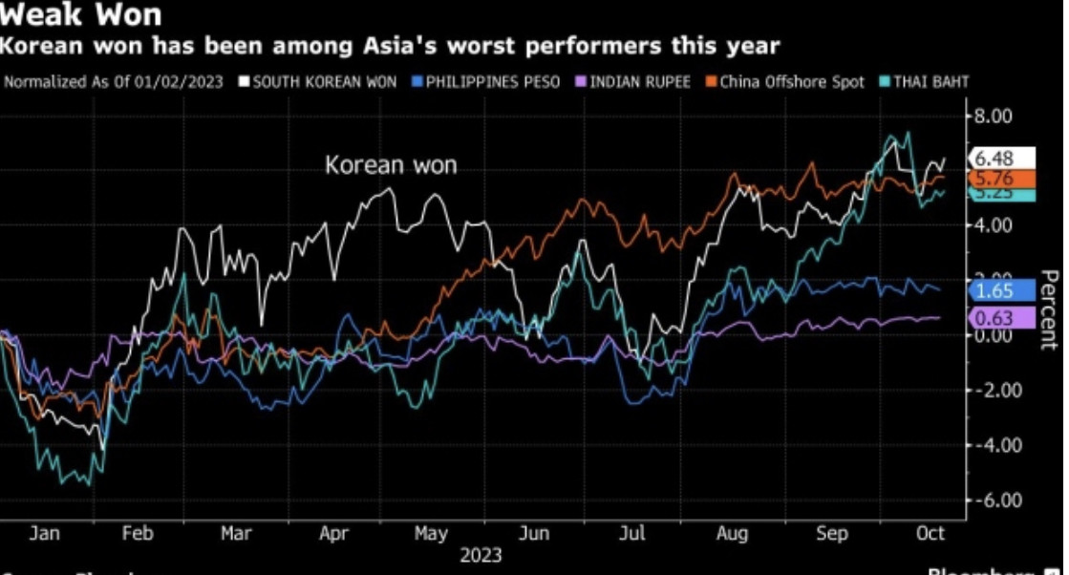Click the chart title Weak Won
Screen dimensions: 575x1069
coord(82,15)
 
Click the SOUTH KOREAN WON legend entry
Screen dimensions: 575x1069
coord(324,82)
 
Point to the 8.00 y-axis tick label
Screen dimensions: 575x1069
coord(993,116)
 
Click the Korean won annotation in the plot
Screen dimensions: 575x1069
coord(391,165)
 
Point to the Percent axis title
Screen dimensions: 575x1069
coord(1049,309)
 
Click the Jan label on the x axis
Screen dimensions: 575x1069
coord(45,534)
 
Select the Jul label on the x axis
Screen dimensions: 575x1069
coord(632,534)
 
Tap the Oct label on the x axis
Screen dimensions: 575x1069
coord(931,534)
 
